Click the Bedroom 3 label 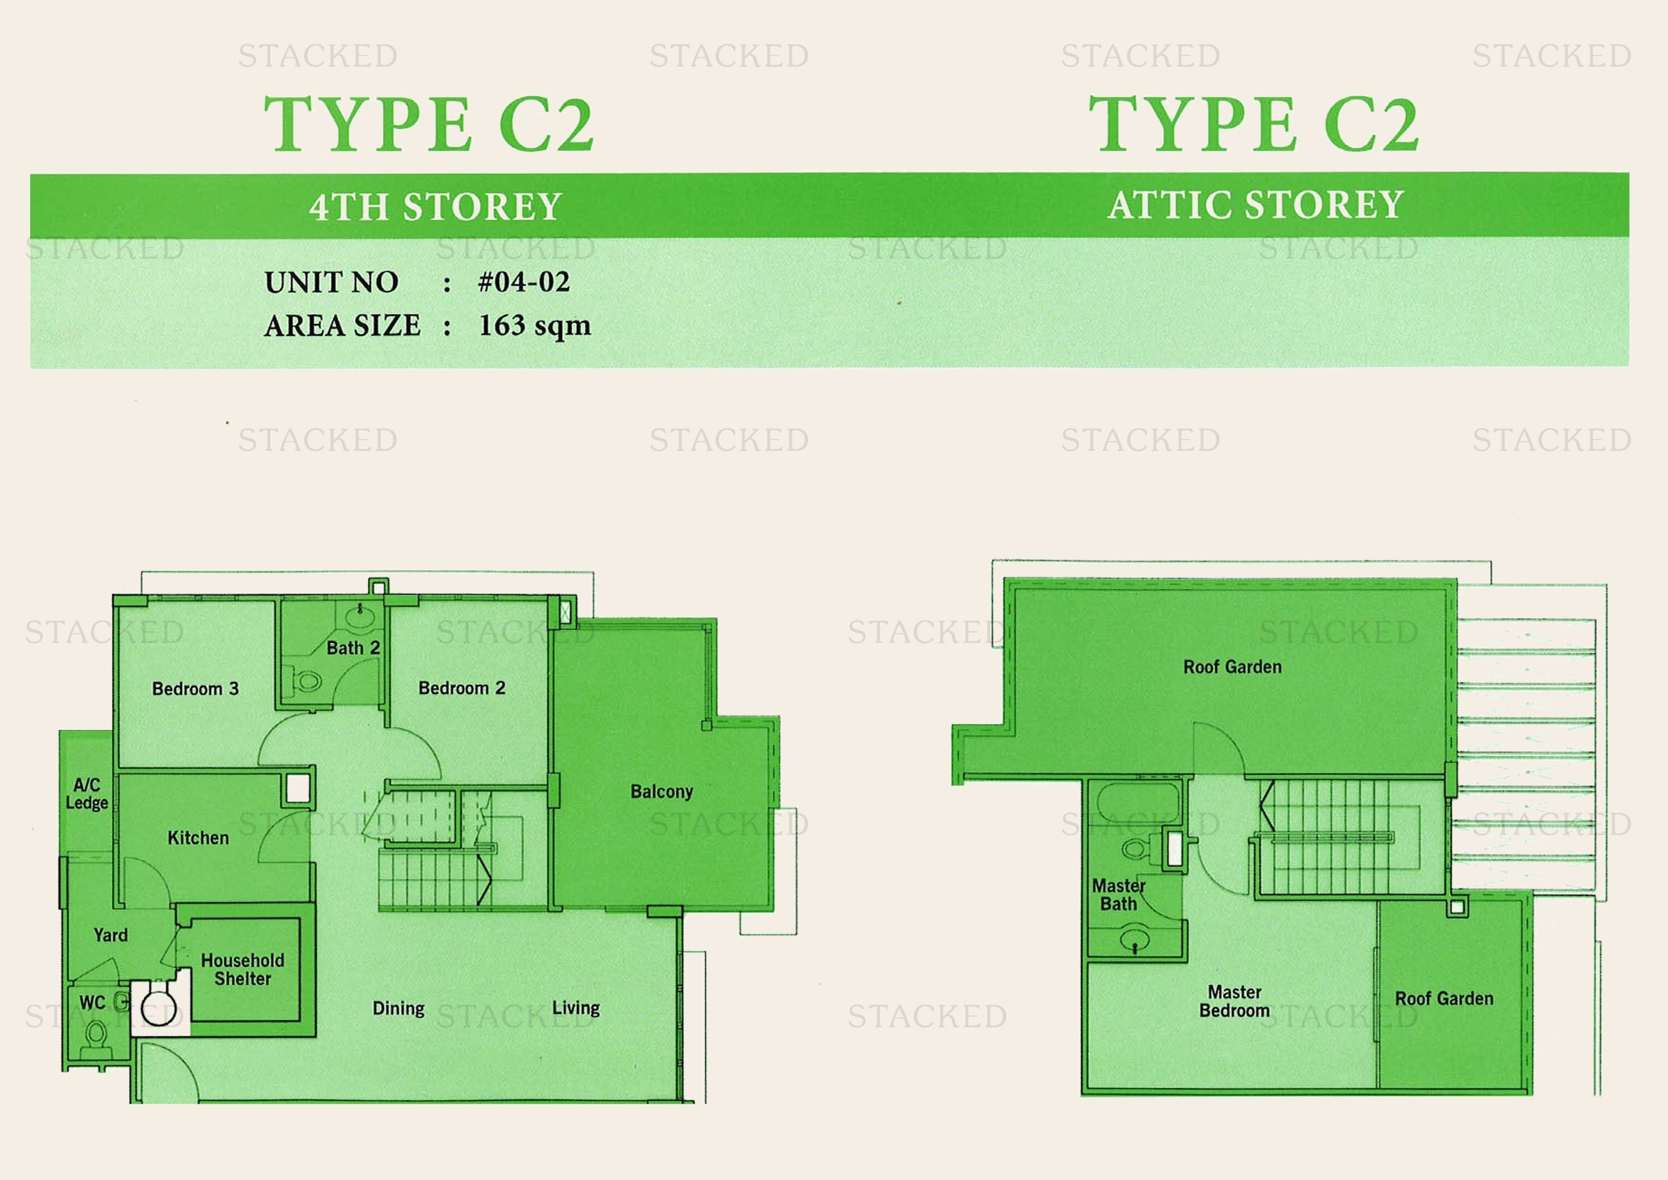195,689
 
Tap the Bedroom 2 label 462,688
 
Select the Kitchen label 198,838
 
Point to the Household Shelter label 242,970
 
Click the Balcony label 662,791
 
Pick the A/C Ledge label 87,793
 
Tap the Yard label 111,935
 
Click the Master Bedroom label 1234,1001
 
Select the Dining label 398,1009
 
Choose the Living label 576,1008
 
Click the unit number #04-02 524,282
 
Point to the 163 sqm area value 535,325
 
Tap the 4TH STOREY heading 435,207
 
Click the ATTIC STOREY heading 1256,205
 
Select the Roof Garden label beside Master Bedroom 1444,998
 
